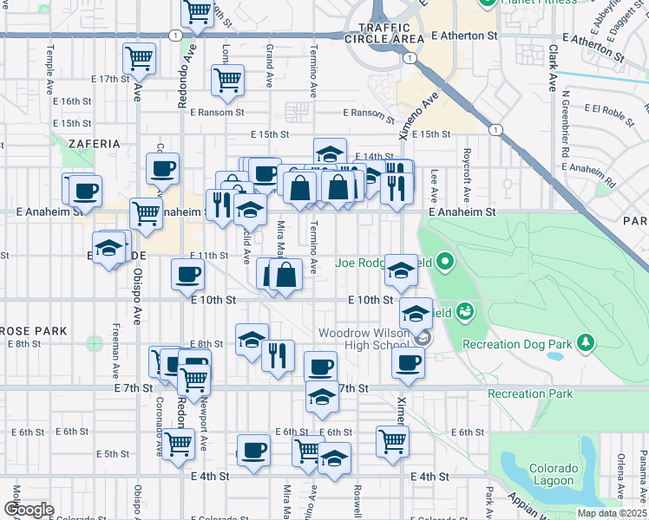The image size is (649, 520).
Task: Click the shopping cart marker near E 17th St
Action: pos(140,60)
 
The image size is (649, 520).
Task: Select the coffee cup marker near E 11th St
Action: pos(188,276)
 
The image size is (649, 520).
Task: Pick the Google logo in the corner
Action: pos(29,510)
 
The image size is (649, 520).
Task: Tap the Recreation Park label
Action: pos(530,394)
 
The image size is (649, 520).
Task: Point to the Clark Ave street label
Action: pos(553,69)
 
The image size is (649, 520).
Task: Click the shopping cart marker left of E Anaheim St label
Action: pos(146,213)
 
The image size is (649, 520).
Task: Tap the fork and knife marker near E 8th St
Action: pos(278,354)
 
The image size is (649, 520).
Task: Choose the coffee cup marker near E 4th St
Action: pos(253,451)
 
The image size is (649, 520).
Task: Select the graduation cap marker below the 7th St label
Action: pos(322,398)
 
